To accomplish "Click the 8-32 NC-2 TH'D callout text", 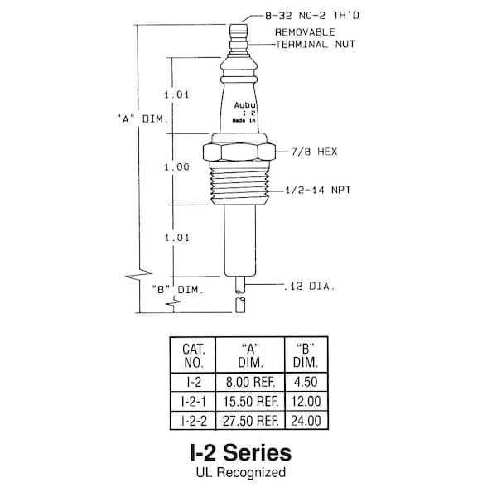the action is (x=312, y=16).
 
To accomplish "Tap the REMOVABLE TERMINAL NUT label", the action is (x=315, y=38).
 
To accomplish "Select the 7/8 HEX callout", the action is (x=315, y=152).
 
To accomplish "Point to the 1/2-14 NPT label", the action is (x=318, y=191).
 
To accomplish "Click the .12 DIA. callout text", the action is (x=309, y=287).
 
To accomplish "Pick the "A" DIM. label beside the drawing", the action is (x=142, y=119).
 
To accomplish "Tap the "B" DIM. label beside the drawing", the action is (x=177, y=289).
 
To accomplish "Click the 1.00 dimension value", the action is (x=176, y=167).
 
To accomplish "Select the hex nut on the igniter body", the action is (x=239, y=152).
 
